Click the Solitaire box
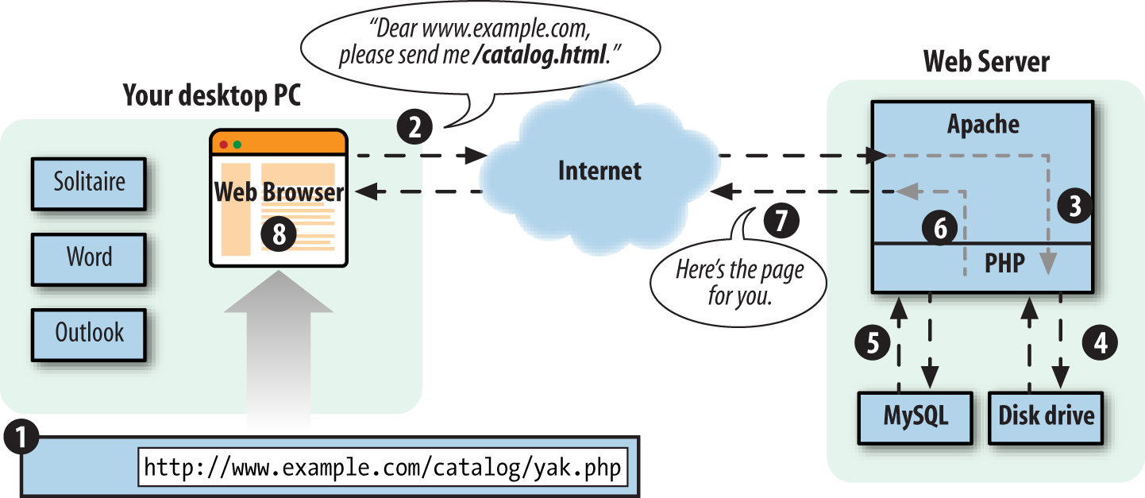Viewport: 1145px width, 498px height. [x=89, y=182]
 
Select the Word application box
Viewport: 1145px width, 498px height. [x=89, y=257]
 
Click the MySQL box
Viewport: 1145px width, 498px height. [x=916, y=415]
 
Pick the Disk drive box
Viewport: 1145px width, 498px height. [x=1046, y=415]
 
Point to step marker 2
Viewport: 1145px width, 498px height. [x=414, y=125]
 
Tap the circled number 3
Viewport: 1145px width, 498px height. [x=1074, y=206]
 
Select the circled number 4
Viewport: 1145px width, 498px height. [x=1100, y=342]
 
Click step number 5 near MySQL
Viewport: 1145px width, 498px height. [x=872, y=342]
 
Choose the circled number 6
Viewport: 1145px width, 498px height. [x=939, y=228]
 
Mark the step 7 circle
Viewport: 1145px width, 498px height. [x=782, y=220]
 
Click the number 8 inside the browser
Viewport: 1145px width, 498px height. [x=278, y=234]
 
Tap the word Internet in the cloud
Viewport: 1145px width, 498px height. [x=599, y=170]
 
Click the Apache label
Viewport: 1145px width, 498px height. [x=983, y=124]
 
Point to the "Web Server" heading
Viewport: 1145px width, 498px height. [x=986, y=62]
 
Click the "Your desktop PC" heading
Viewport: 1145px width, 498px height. [x=212, y=96]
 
